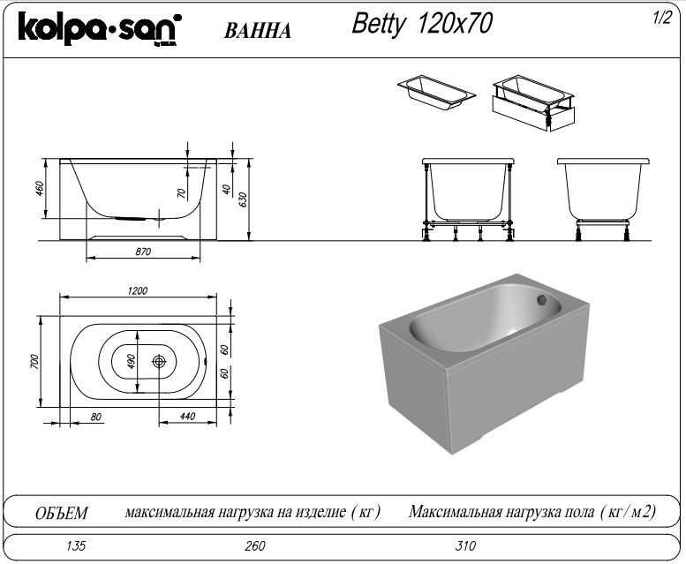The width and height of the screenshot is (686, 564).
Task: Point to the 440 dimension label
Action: [186, 417]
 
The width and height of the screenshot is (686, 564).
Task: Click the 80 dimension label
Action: [96, 417]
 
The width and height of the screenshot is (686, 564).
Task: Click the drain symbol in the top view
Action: [160, 362]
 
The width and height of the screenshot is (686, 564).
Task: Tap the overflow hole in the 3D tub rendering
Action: [540, 302]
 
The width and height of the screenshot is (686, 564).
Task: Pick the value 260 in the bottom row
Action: [254, 545]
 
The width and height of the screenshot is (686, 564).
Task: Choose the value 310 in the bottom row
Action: [465, 545]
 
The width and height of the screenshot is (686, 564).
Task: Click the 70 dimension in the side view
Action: [181, 192]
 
